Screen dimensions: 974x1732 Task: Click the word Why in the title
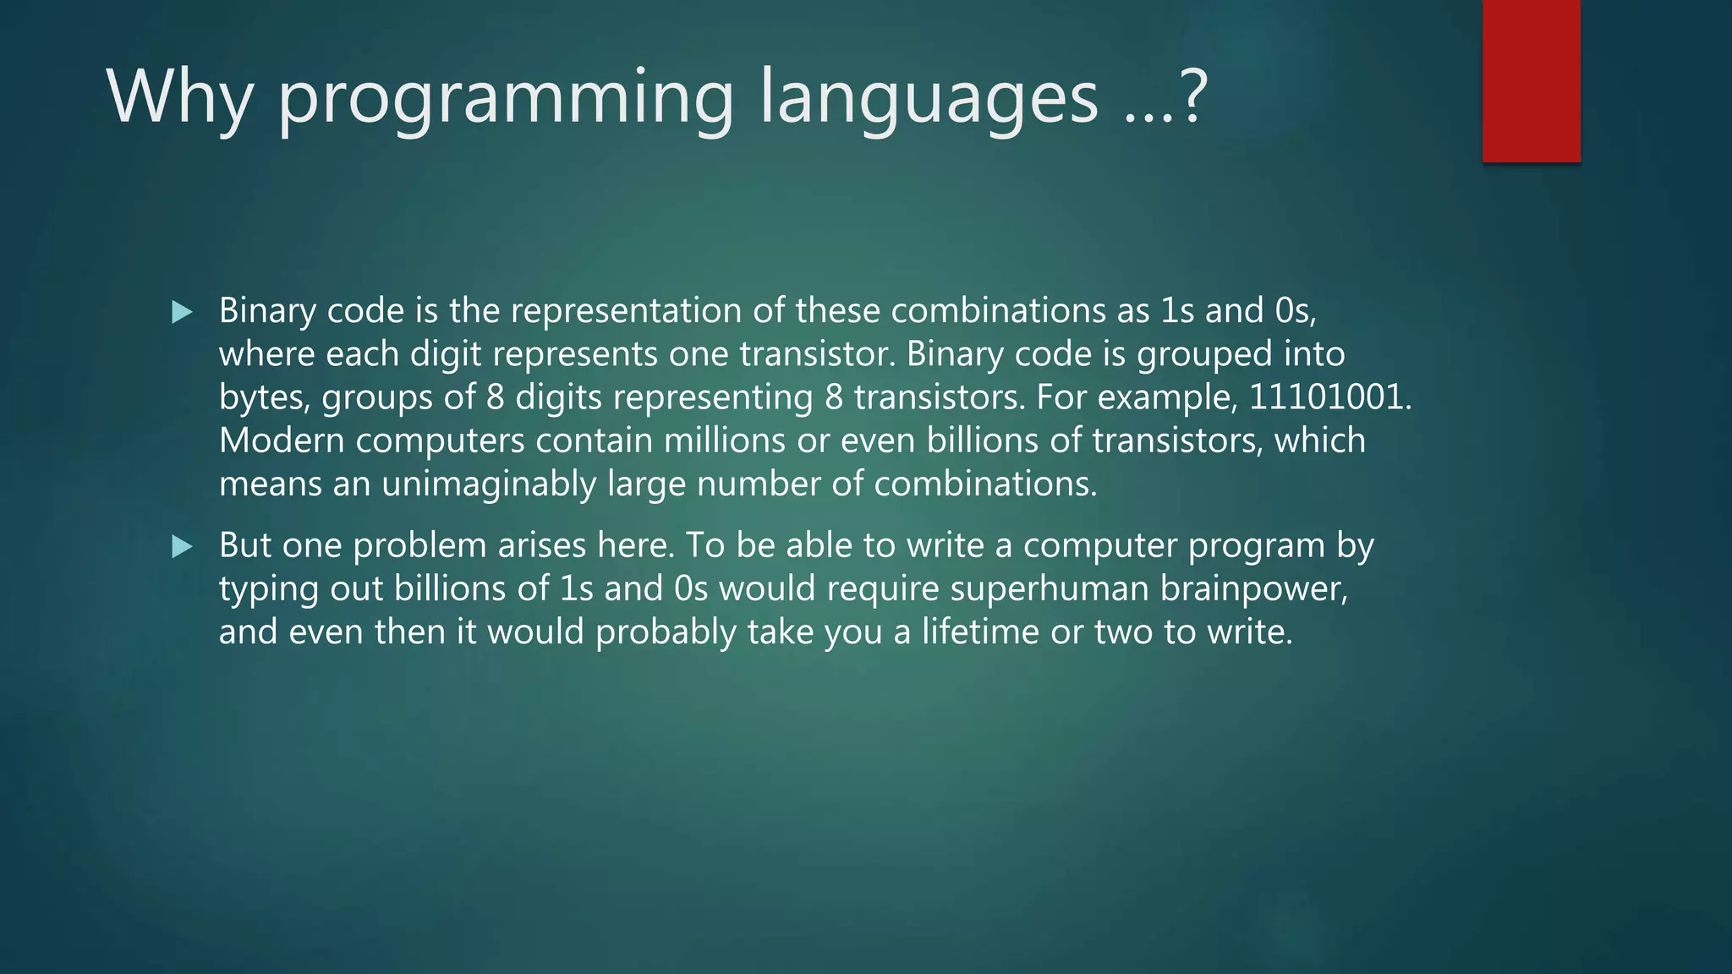[x=179, y=97]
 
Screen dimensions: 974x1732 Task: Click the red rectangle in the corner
[x=1531, y=80]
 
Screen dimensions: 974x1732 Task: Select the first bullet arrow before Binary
[x=181, y=312]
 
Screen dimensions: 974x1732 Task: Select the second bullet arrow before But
[x=181, y=546]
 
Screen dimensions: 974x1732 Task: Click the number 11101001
[x=1327, y=397]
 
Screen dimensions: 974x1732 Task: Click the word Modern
[x=282, y=440]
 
